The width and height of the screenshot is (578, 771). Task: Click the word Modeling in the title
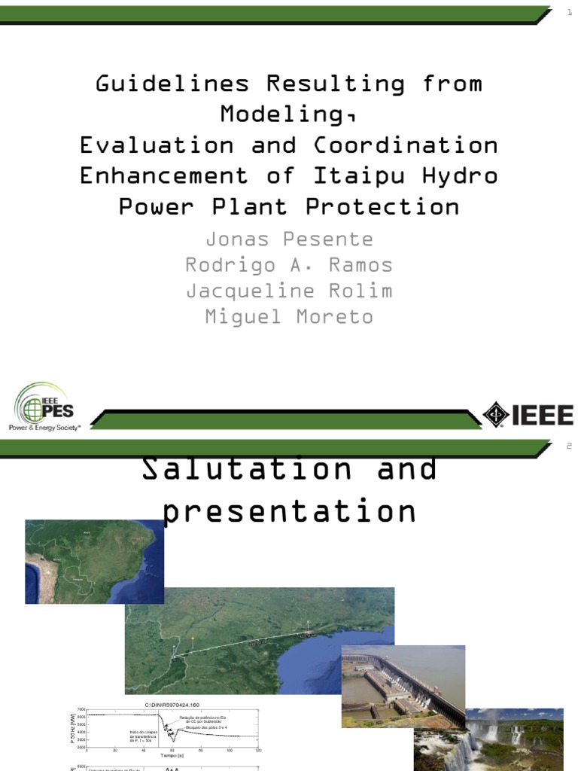click(284, 114)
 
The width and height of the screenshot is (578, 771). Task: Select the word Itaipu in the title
click(365, 175)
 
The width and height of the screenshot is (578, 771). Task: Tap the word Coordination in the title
click(406, 145)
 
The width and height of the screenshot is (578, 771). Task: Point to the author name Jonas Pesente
click(289, 239)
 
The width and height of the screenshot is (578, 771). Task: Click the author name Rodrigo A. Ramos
click(289, 265)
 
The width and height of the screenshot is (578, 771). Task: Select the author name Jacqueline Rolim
click(289, 291)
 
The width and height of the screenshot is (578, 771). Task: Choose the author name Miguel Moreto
click(289, 316)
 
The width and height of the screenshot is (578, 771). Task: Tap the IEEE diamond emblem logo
click(495, 415)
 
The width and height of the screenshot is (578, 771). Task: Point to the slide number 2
click(569, 446)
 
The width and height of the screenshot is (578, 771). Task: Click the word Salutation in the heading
click(246, 468)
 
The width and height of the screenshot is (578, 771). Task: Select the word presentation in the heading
click(290, 511)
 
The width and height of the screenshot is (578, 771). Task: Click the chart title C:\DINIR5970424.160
click(173, 705)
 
